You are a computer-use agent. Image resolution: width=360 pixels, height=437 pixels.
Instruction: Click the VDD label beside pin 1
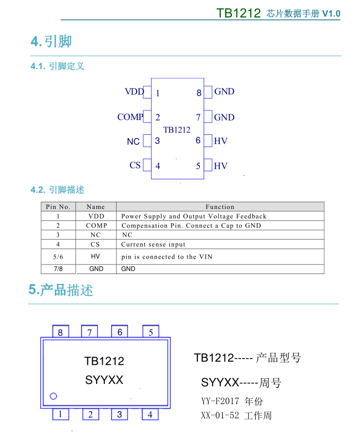[134, 92]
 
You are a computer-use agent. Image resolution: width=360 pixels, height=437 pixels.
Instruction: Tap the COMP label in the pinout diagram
[130, 117]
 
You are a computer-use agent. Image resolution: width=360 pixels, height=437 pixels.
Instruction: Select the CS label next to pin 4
[135, 165]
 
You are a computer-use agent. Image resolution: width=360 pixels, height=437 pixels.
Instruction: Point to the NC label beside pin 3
[133, 142]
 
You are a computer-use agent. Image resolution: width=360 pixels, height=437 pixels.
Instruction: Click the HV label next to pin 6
[221, 141]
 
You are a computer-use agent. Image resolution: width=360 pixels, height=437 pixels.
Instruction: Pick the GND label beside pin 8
[224, 92]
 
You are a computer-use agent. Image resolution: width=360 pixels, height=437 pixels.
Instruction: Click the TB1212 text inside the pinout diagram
[177, 130]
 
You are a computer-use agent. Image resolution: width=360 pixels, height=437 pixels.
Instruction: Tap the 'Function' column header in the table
[220, 207]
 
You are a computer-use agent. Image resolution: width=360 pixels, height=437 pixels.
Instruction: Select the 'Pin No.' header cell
[58, 207]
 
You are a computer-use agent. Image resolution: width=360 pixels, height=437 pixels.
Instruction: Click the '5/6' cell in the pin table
[58, 257]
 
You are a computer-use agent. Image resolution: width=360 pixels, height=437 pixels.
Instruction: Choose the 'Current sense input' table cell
[153, 244]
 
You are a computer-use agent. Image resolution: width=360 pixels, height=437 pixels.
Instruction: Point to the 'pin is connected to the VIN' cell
[167, 257]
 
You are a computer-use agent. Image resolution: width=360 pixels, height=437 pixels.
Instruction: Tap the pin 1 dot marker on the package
[54, 396]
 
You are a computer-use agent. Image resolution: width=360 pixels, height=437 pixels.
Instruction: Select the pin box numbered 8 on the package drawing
[60, 332]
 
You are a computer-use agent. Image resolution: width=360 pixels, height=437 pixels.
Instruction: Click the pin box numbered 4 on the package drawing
[150, 415]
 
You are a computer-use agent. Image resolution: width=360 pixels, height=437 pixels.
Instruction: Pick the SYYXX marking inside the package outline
[104, 380]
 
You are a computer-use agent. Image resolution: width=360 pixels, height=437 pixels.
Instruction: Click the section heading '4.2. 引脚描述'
[57, 190]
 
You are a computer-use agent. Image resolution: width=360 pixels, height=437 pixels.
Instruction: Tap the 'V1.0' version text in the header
[331, 13]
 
